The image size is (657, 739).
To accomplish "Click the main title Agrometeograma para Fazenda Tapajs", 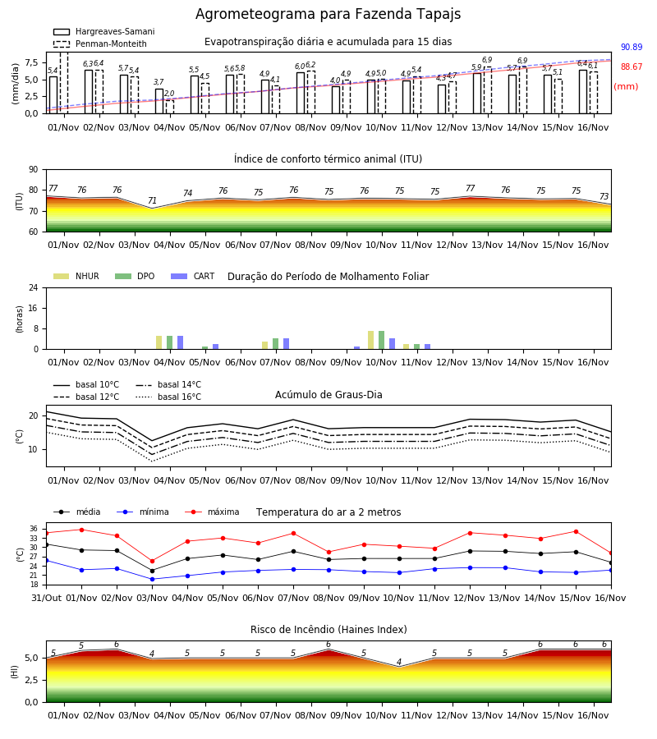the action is pyautogui.click(x=328, y=14).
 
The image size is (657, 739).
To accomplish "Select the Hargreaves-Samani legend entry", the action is pyautogui.click(x=104, y=31).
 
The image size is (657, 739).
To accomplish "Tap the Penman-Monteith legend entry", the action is pyautogui.click(x=100, y=44).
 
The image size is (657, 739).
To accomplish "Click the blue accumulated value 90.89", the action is pyautogui.click(x=632, y=47).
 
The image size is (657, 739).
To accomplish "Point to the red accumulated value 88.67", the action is pyautogui.click(x=632, y=67).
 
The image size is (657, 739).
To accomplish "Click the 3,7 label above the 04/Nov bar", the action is pyautogui.click(x=159, y=82).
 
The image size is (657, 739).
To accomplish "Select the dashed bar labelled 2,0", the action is pyautogui.click(x=170, y=107).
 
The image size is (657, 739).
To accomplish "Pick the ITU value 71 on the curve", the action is pyautogui.click(x=152, y=201).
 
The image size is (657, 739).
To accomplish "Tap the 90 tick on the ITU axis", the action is pyautogui.click(x=34, y=170).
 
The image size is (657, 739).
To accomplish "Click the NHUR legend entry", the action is pyautogui.click(x=76, y=276).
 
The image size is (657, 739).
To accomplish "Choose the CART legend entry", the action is pyautogui.click(x=193, y=276).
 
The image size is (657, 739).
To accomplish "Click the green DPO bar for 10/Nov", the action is pyautogui.click(x=381, y=340).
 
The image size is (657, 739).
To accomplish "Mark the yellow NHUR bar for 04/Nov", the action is pyautogui.click(x=159, y=342).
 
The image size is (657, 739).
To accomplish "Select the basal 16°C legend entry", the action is pyautogui.click(x=168, y=397).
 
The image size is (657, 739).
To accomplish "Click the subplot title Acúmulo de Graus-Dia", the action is pyautogui.click(x=328, y=395).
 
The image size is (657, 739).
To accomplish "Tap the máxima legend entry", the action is pyautogui.click(x=212, y=512).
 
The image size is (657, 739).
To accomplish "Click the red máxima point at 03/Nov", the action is pyautogui.click(x=152, y=562).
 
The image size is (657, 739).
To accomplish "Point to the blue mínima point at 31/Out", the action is pyautogui.click(x=46, y=560).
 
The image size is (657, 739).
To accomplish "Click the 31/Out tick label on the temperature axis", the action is pyautogui.click(x=47, y=598).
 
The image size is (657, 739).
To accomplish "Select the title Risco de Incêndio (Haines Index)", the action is pyautogui.click(x=328, y=630).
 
